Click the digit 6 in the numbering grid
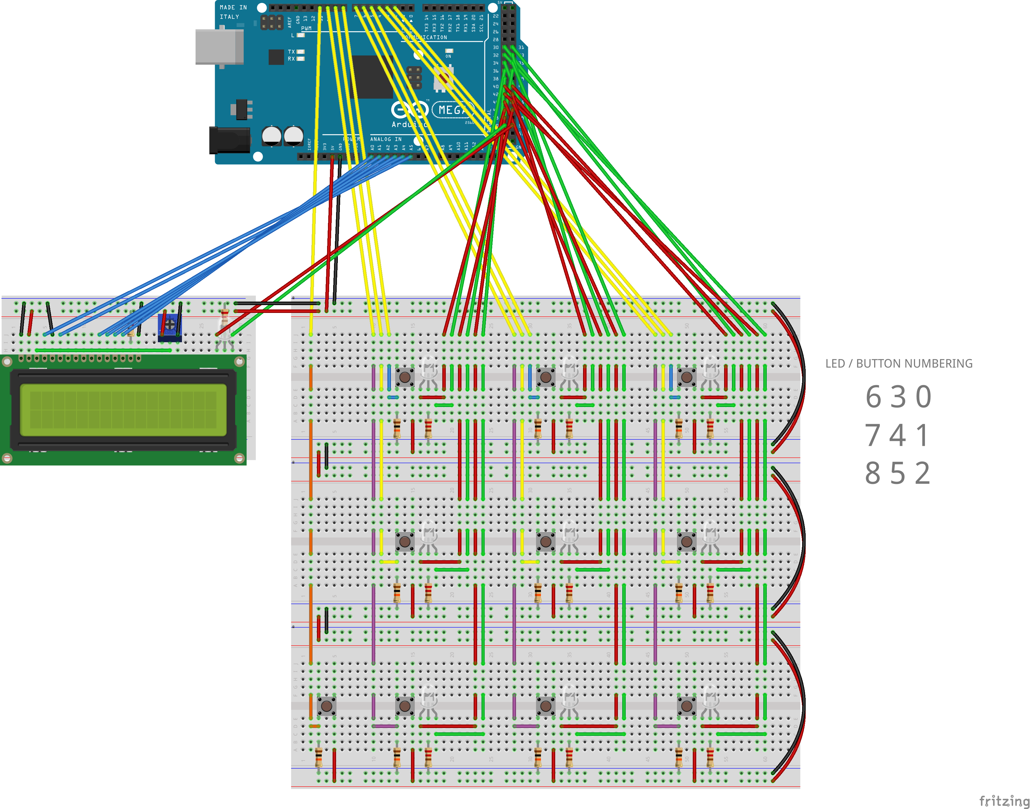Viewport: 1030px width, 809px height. click(x=873, y=397)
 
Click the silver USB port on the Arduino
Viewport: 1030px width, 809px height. click(x=219, y=46)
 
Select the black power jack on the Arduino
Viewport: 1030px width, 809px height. click(x=230, y=140)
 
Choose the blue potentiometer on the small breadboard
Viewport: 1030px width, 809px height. click(x=169, y=325)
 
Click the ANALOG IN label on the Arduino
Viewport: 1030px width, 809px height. click(x=385, y=139)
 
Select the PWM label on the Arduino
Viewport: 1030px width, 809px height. click(x=306, y=28)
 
